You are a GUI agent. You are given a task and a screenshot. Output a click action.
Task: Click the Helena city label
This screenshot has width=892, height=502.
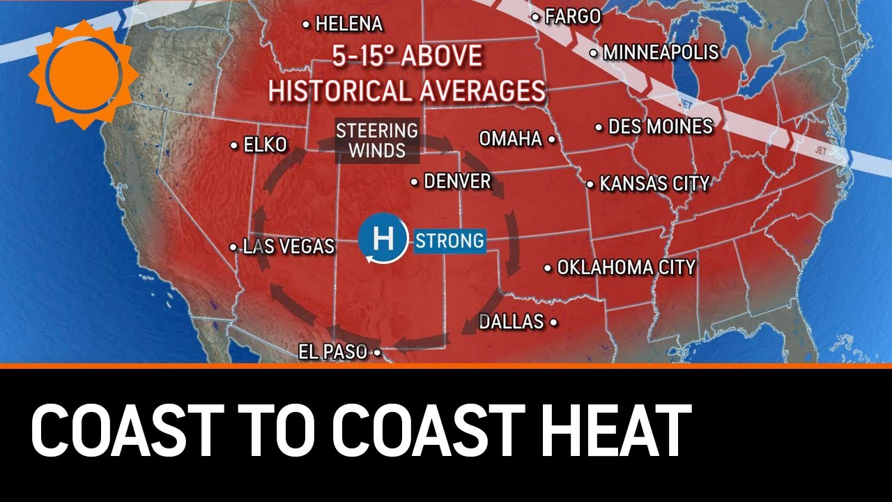point(348,24)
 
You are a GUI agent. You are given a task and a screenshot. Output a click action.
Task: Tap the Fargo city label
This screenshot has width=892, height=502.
point(573,17)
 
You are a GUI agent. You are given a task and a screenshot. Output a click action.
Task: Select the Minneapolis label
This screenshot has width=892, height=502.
point(660,52)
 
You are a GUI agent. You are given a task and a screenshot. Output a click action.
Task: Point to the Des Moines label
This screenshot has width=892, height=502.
point(660,127)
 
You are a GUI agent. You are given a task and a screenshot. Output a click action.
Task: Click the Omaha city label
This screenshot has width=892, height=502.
point(511,139)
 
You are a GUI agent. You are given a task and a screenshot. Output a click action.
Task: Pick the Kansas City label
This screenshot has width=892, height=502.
point(654,184)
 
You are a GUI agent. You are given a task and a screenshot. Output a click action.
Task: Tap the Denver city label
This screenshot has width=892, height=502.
point(457,182)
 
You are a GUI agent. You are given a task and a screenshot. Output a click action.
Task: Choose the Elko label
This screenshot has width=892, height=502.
point(265,145)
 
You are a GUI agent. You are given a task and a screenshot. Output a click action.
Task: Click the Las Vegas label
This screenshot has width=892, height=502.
point(288,246)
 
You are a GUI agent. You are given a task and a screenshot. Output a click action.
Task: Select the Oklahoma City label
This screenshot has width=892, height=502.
point(626,267)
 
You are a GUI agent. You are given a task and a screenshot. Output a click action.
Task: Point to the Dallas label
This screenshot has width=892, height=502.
point(512,321)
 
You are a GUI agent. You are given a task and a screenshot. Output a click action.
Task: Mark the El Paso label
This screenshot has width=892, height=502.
point(332,352)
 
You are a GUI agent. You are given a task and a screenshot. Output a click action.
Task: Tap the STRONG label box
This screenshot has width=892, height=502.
point(449,241)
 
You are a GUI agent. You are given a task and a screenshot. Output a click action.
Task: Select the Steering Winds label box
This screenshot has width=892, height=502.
point(377,140)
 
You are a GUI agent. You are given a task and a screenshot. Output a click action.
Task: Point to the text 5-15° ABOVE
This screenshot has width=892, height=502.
point(407,56)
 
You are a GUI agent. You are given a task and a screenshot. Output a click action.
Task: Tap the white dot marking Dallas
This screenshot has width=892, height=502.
point(553,322)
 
